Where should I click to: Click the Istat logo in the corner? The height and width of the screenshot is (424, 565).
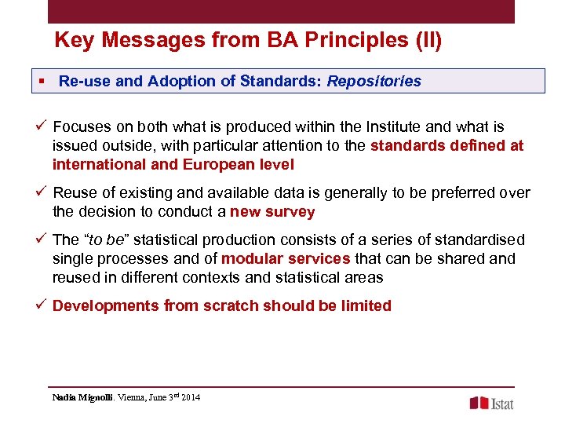pyautogui.click(x=491, y=403)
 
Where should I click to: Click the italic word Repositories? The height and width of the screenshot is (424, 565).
pyautogui.click(x=374, y=81)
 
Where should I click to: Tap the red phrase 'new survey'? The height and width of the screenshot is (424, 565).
pyautogui.click(x=272, y=212)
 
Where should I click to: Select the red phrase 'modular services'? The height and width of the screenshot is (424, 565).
pyautogui.click(x=286, y=258)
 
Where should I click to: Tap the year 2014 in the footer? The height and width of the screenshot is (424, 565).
pyautogui.click(x=190, y=397)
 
